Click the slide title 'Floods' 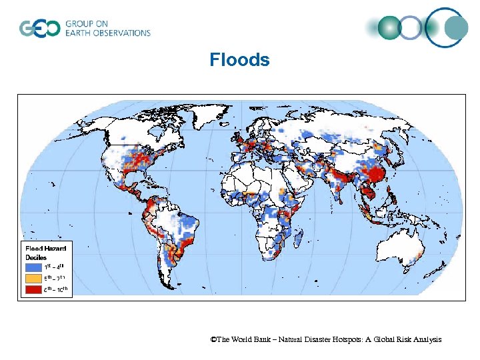[x=239, y=60]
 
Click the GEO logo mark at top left [x=39, y=28]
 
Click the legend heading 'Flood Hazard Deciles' [x=45, y=252]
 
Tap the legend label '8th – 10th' [x=56, y=289]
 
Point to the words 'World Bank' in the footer [x=252, y=340]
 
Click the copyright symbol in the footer [x=213, y=340]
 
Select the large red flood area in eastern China [x=378, y=175]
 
